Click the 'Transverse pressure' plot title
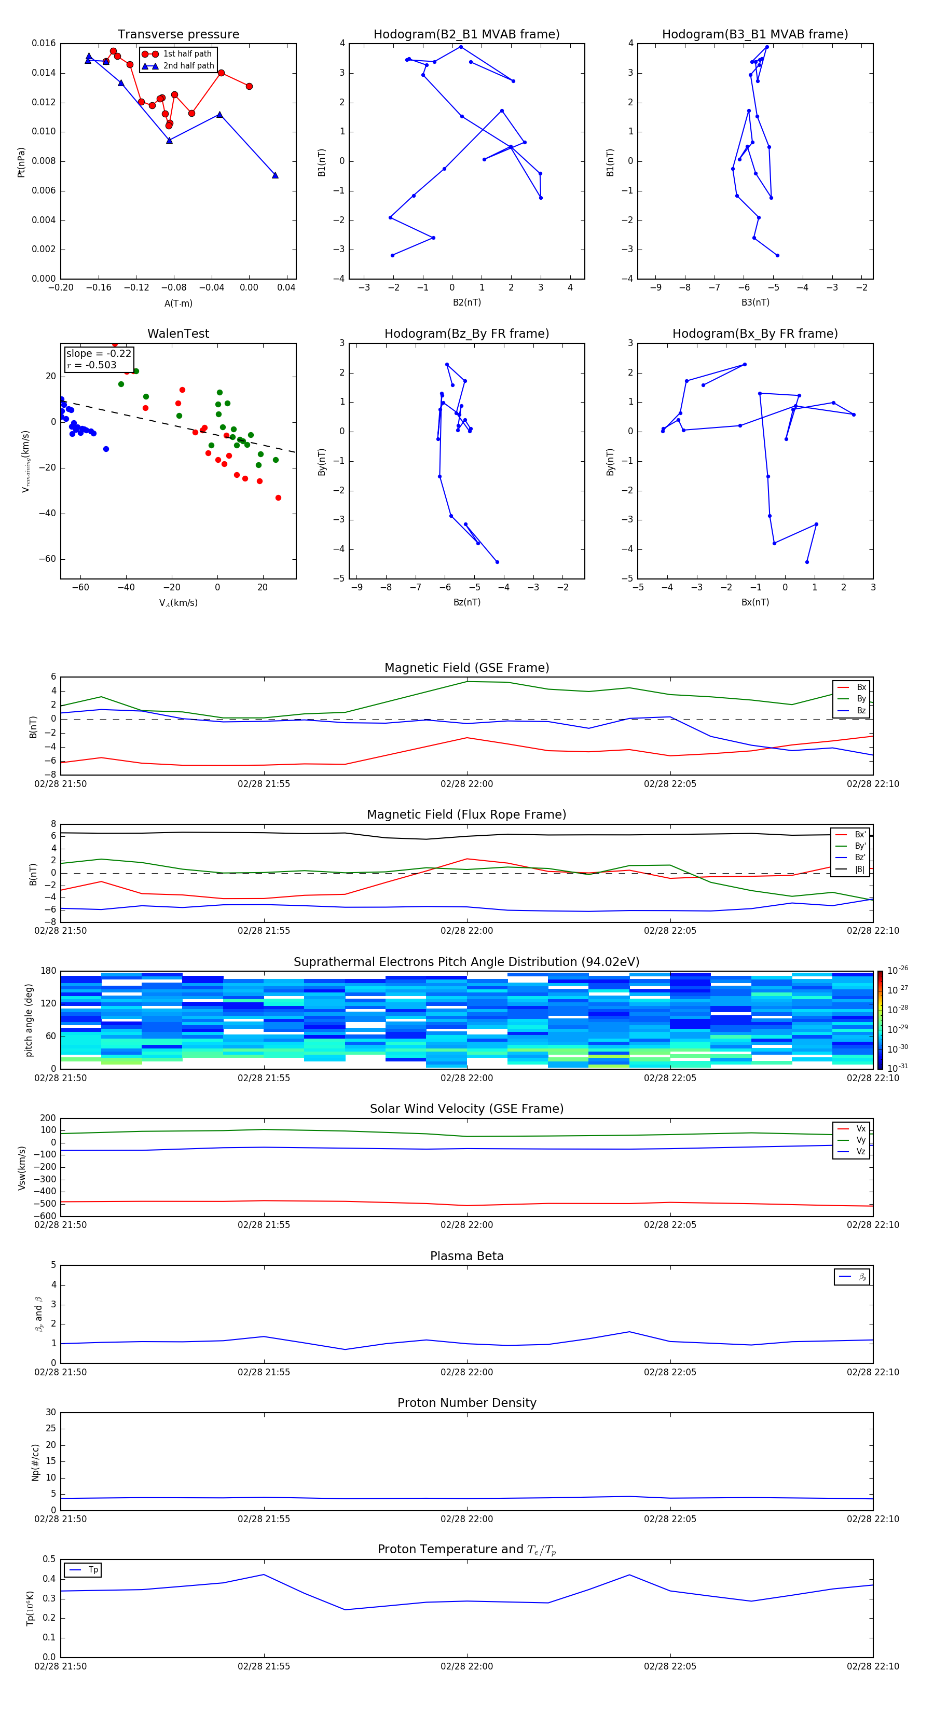click(x=178, y=35)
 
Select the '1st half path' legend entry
click(x=187, y=54)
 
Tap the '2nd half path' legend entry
click(x=188, y=66)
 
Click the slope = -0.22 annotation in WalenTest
click(x=99, y=354)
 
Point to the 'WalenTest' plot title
click(x=178, y=334)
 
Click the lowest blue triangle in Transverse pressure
click(x=275, y=175)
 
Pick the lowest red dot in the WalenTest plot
click(x=278, y=498)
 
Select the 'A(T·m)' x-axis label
click(x=178, y=303)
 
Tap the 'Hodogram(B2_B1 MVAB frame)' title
click(x=466, y=35)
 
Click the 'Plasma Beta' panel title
click(x=466, y=1256)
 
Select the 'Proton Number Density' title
click(x=466, y=1403)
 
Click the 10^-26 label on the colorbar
click(x=898, y=970)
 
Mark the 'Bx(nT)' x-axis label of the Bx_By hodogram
click(x=754, y=602)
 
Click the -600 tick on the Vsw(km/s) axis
click(x=45, y=1216)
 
